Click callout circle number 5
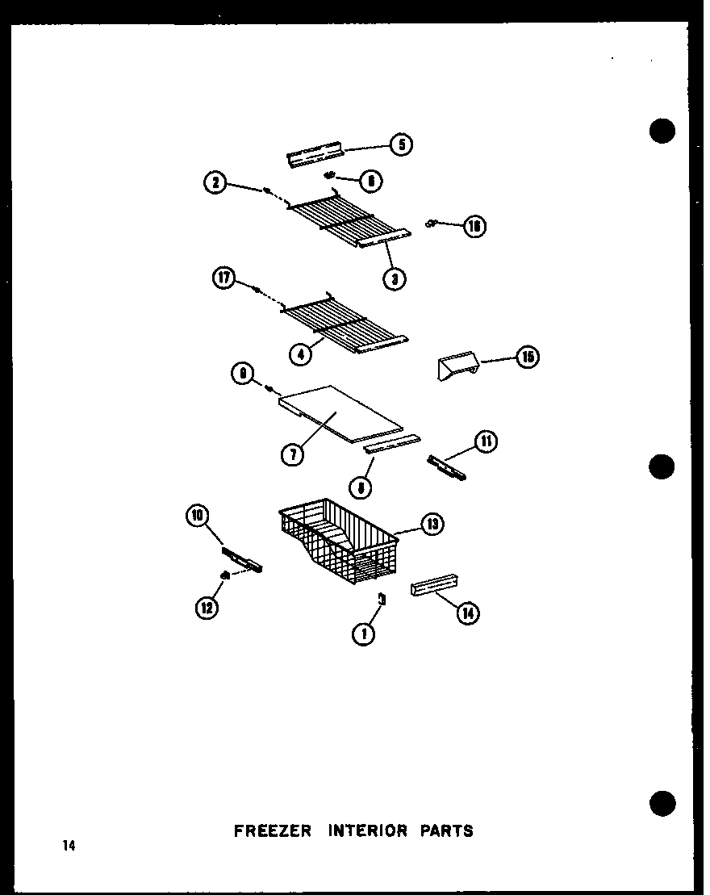401,144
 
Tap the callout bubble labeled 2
215,183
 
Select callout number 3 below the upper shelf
395,278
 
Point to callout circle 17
223,279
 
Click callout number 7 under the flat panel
292,454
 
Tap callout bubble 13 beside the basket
432,525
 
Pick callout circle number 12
207,608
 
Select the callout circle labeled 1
364,634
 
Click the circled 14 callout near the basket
467,614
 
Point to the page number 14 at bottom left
68,846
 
